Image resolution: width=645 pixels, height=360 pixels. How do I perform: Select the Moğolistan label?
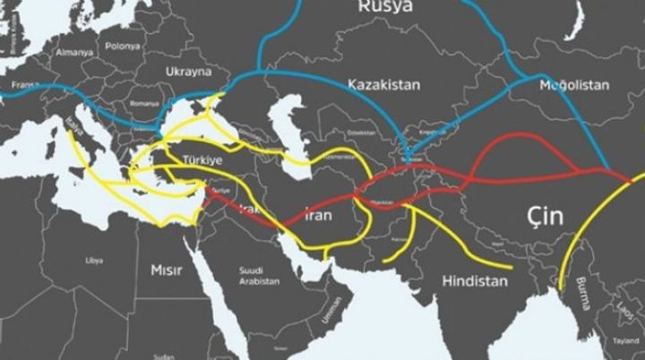(x=574, y=85)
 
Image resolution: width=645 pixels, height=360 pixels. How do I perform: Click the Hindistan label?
(x=475, y=280)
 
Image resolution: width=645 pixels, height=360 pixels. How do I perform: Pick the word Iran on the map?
(x=320, y=216)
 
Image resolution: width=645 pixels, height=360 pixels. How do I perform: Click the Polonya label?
(x=122, y=46)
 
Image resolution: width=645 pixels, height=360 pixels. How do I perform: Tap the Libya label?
(x=94, y=261)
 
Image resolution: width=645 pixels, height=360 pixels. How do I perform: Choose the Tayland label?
(x=626, y=341)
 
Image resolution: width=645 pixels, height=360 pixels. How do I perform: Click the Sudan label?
(x=163, y=356)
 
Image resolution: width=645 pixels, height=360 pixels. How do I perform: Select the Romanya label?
(x=143, y=103)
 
